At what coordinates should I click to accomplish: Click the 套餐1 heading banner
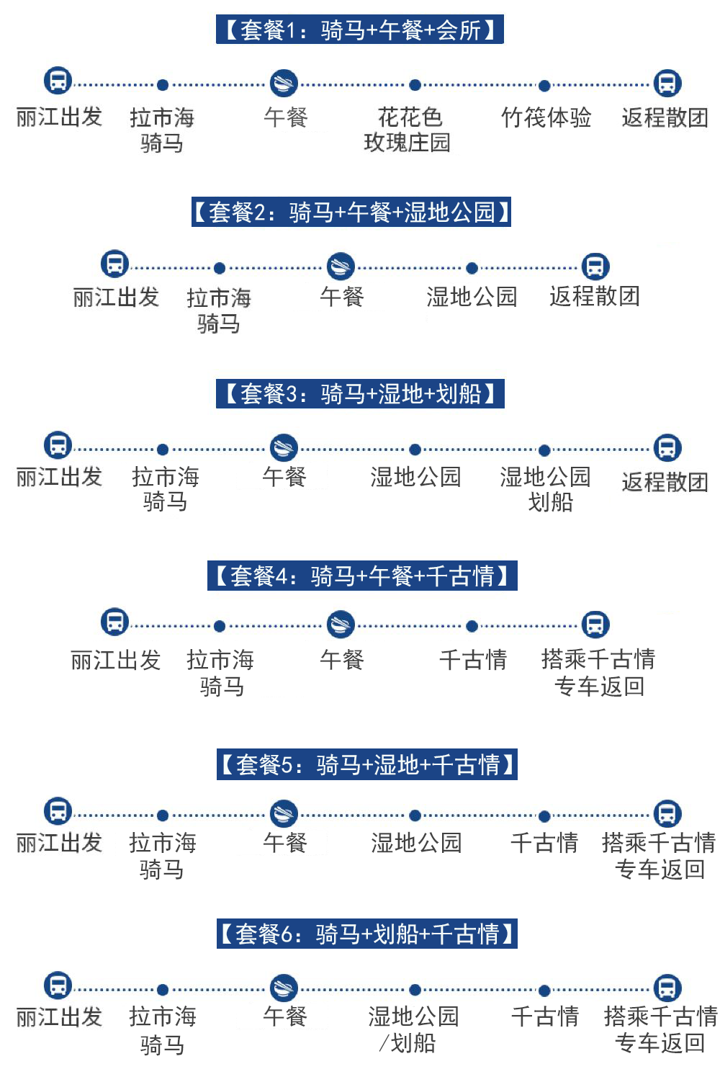pyautogui.click(x=359, y=30)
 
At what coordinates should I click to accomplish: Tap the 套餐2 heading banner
pyautogui.click(x=351, y=212)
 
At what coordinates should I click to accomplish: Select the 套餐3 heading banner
pyautogui.click(x=360, y=393)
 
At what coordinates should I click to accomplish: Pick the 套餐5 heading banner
pyautogui.click(x=366, y=764)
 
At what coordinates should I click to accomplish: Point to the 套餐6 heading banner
pyautogui.click(x=366, y=934)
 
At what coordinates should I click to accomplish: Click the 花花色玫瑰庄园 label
pyautogui.click(x=408, y=130)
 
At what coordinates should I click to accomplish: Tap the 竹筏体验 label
pyautogui.click(x=546, y=117)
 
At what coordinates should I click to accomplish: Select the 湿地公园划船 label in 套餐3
pyautogui.click(x=546, y=488)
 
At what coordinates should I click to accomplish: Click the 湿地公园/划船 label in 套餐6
pyautogui.click(x=413, y=1029)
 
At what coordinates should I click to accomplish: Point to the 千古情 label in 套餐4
pyautogui.click(x=473, y=659)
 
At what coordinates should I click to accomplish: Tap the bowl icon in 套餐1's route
pyautogui.click(x=284, y=83)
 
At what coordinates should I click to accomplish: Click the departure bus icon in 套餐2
pyautogui.click(x=114, y=264)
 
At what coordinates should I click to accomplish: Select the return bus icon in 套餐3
pyautogui.click(x=667, y=447)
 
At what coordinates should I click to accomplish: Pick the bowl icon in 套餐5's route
pyautogui.click(x=284, y=813)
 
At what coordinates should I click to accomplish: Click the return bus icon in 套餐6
pyautogui.click(x=667, y=988)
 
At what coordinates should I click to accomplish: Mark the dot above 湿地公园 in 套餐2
pyautogui.click(x=472, y=268)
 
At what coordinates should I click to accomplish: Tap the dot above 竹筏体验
pyautogui.click(x=544, y=86)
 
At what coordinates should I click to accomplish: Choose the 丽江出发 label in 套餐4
pyautogui.click(x=115, y=660)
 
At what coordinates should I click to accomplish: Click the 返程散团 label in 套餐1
pyautogui.click(x=665, y=117)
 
